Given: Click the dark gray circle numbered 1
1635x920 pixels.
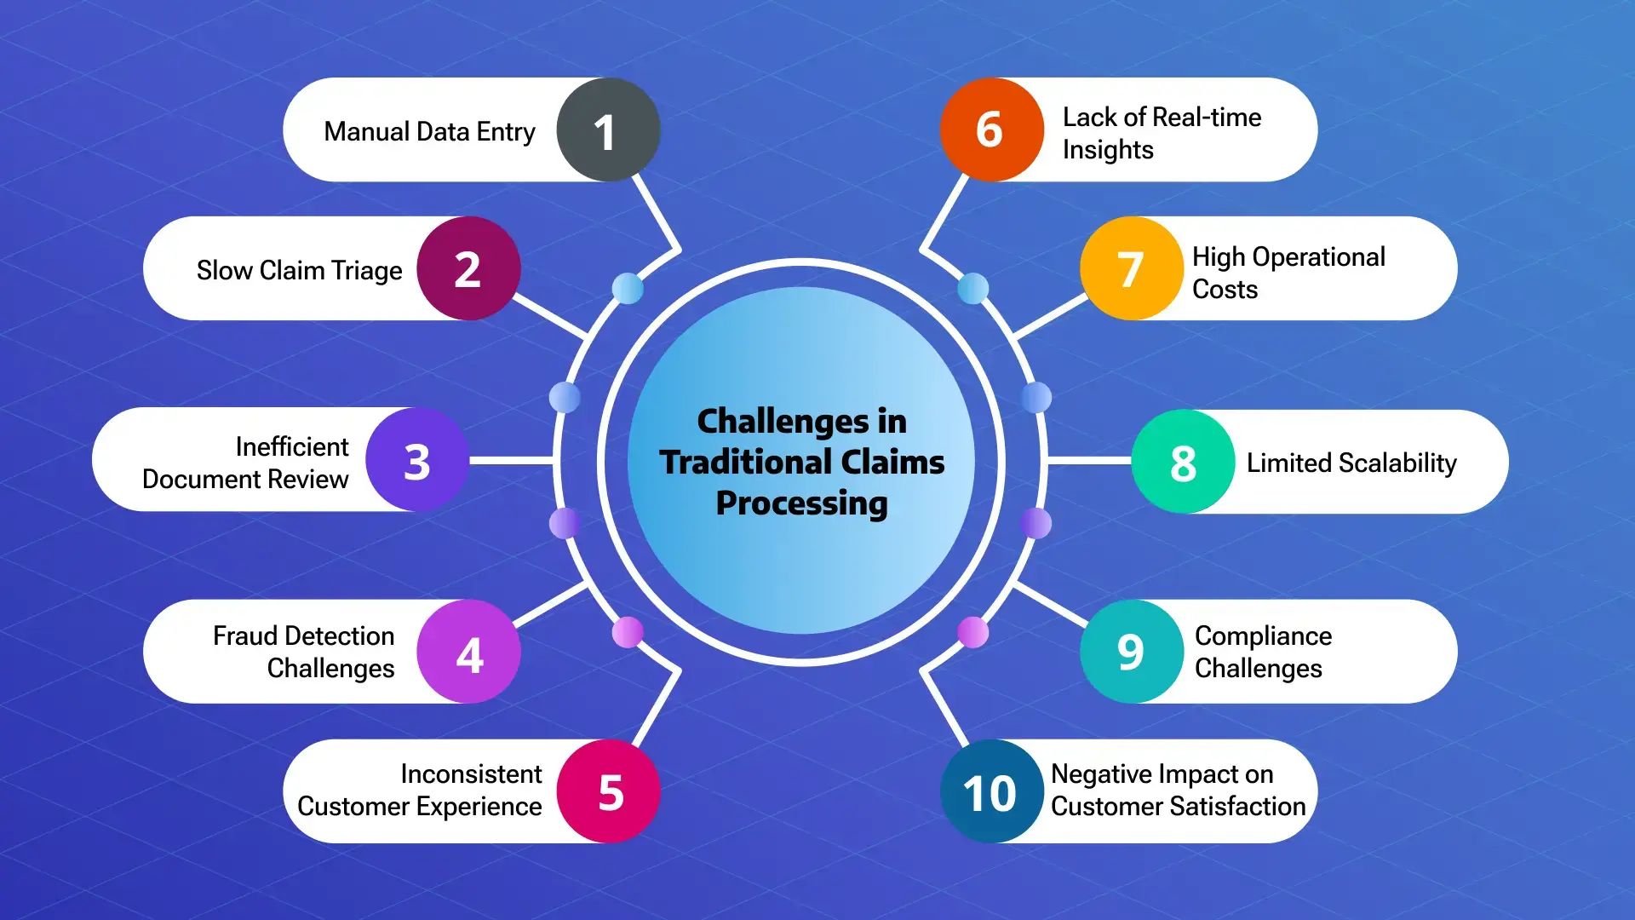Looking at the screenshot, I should (608, 129).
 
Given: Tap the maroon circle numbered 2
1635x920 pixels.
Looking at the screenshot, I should (468, 268).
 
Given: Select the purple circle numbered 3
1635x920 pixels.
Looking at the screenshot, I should (417, 460).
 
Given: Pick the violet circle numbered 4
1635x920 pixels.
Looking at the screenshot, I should (468, 652).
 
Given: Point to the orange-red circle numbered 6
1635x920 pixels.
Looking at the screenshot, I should (992, 129).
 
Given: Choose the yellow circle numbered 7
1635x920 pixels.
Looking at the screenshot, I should (1132, 268).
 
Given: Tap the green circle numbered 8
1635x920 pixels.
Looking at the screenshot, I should (1183, 462).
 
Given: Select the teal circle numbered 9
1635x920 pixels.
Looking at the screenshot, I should (1132, 652).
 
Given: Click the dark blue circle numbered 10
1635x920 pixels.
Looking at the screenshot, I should (992, 791).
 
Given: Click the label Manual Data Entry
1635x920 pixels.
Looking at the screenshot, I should (429, 132).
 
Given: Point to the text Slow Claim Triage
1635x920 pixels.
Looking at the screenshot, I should (299, 270).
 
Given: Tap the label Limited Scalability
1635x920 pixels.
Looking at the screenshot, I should (1351, 463).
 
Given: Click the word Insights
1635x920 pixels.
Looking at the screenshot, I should (1108, 150).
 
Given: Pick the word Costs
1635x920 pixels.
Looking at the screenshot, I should (1225, 290).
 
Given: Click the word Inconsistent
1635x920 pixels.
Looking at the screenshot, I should (471, 773).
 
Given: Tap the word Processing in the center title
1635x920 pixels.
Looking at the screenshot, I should (801, 503).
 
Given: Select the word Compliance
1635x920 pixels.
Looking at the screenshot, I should (1263, 635).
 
